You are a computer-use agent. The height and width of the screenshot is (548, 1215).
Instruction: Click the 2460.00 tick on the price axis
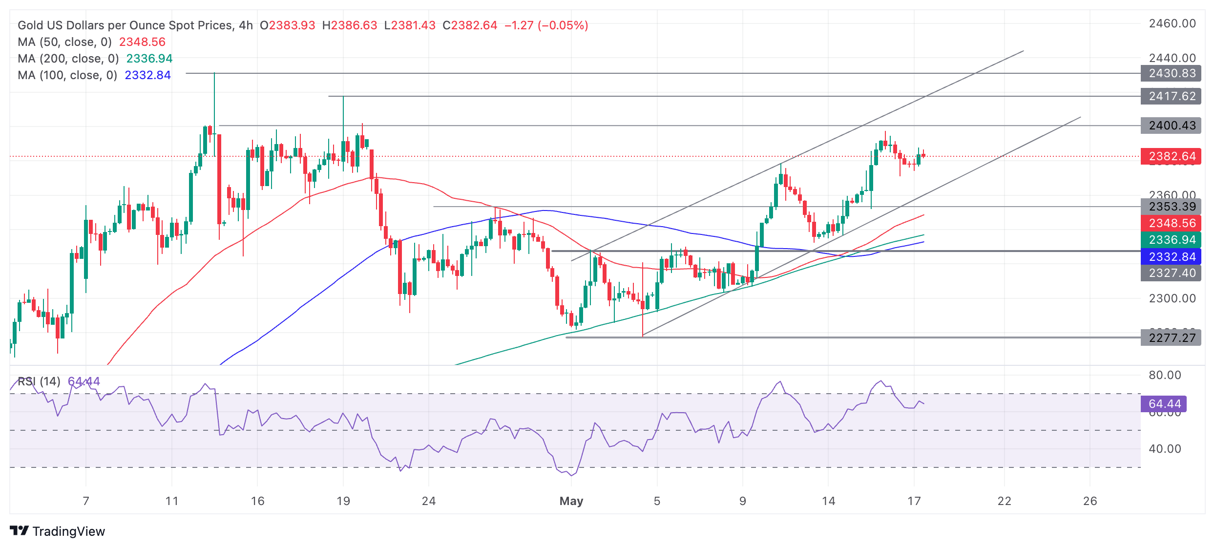click(1172, 23)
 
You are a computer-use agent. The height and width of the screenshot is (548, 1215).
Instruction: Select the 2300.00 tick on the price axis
click(1172, 298)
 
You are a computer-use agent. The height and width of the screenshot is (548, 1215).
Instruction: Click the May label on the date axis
click(571, 501)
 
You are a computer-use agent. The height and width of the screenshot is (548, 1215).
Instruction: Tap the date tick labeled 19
click(343, 501)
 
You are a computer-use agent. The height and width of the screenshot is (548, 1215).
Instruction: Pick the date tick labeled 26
click(1090, 501)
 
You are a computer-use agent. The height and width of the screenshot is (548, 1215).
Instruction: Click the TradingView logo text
click(68, 531)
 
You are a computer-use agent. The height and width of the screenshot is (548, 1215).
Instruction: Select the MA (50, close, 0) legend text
click(64, 42)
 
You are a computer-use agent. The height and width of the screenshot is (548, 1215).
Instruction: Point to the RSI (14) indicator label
click(39, 381)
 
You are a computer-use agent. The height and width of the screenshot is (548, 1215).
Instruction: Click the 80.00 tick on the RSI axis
click(1165, 375)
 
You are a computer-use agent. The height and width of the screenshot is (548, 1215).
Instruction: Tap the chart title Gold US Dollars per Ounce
click(125, 25)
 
